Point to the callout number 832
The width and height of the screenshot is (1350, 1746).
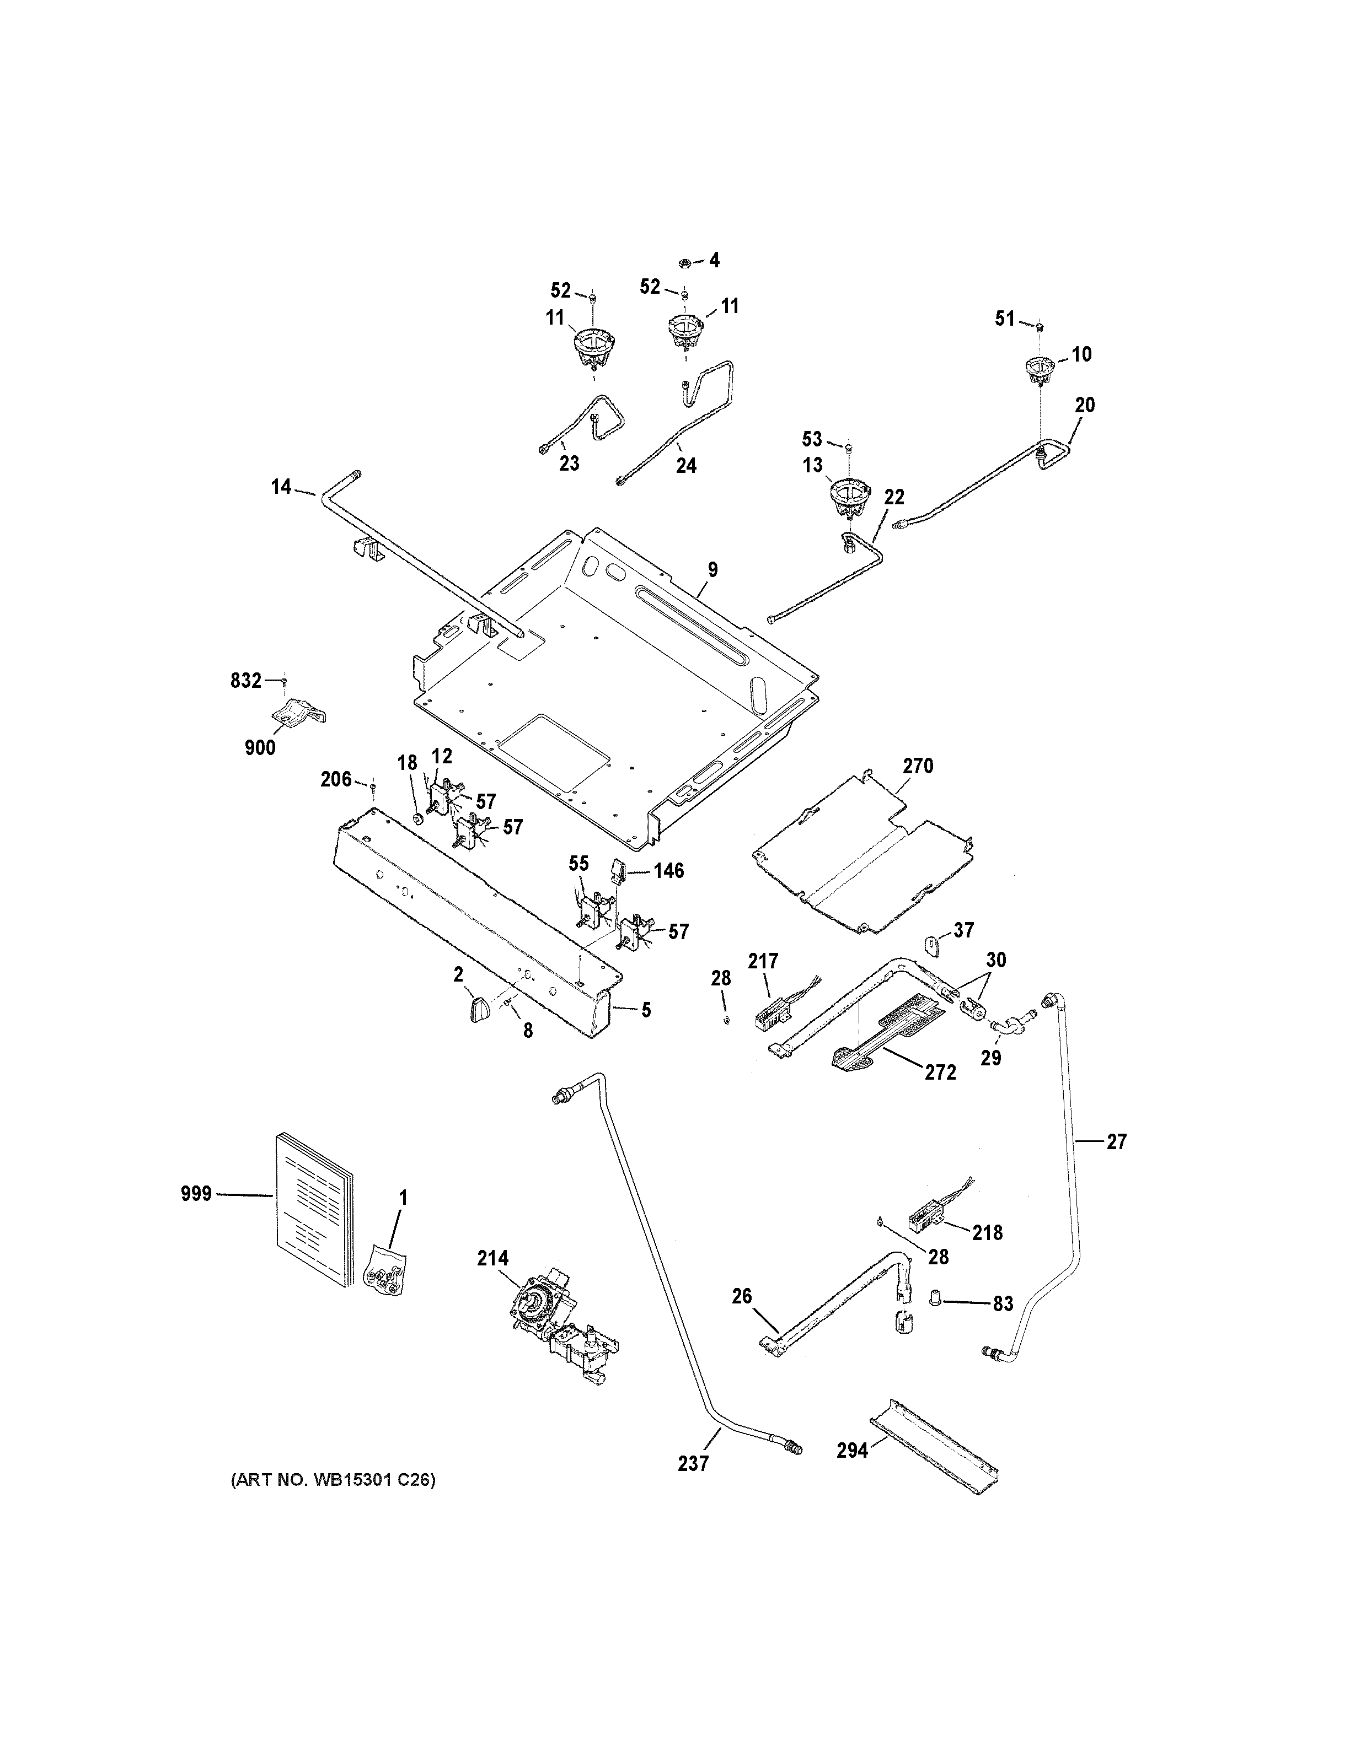click(245, 680)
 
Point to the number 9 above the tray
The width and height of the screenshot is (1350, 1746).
click(712, 570)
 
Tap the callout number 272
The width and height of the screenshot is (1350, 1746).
click(940, 1072)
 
